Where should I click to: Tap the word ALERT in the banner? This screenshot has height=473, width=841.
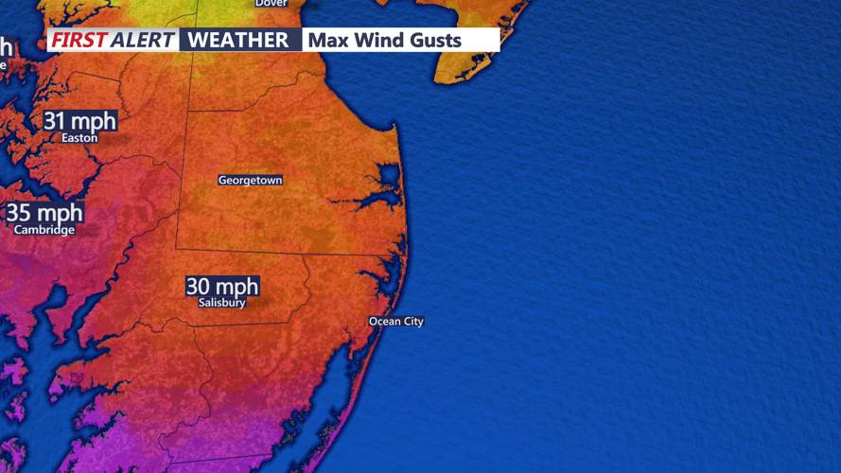pos(142,40)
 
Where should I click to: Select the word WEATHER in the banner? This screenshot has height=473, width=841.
pos(238,40)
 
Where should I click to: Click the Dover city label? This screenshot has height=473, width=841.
pos(271,4)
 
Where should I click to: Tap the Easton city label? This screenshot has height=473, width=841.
pos(79,138)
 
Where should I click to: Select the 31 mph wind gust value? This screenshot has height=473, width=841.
pos(79,120)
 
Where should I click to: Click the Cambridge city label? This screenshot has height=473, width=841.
pos(44,230)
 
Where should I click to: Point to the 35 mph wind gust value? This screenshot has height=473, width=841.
pos(44,213)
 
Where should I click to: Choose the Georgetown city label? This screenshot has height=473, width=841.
pos(250,180)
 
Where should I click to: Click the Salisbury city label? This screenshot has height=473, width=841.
pos(222,303)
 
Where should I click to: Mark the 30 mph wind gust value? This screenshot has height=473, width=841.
pos(222,286)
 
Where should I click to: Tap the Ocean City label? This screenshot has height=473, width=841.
pos(396,322)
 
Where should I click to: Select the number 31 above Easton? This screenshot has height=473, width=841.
pos(56,120)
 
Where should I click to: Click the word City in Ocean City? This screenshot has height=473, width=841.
pos(412,322)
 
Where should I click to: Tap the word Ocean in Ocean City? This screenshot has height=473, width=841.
pos(385,322)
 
